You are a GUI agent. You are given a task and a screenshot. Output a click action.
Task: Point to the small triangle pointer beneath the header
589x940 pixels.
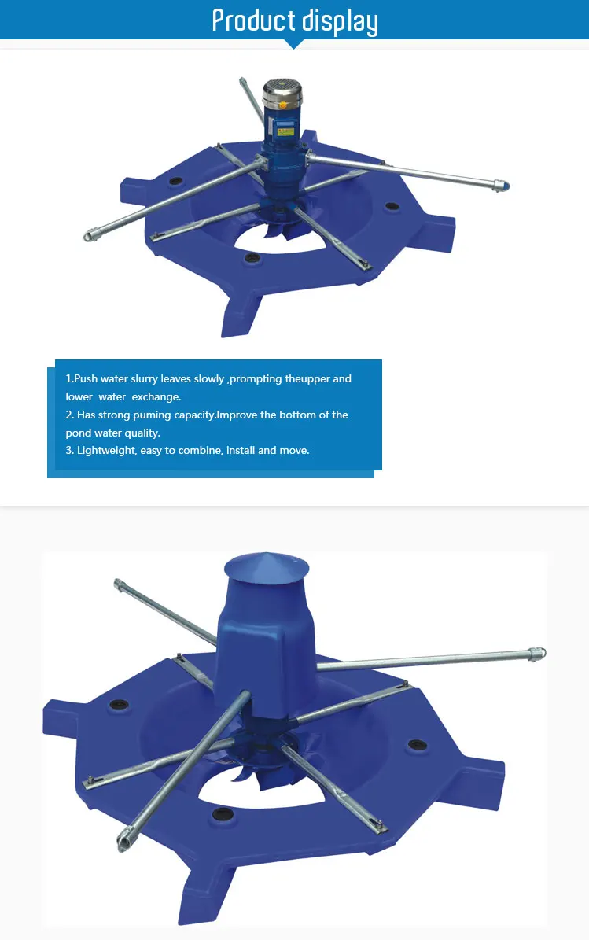click(x=294, y=44)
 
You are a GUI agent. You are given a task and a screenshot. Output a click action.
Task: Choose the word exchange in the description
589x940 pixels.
click(x=156, y=396)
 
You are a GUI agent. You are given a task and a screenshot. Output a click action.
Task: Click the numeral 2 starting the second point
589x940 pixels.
click(x=69, y=415)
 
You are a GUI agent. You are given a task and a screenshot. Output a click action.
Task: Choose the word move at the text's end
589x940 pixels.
click(x=293, y=451)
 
